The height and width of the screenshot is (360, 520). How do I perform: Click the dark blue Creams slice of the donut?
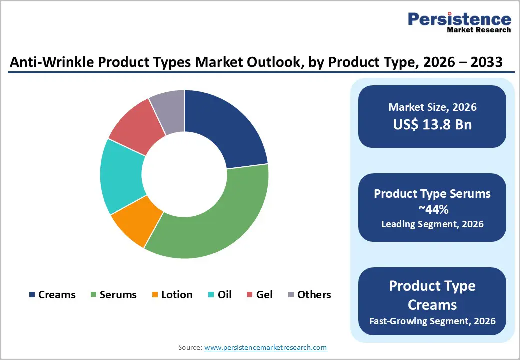tap(225, 127)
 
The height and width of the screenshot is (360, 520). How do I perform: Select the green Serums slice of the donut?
tap(215, 220)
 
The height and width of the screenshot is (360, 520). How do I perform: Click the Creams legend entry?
tap(52, 295)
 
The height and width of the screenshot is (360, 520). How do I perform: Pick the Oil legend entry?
tap(220, 295)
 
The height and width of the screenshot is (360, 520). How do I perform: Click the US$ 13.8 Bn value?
tap(432, 124)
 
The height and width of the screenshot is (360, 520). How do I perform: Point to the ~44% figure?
tap(432, 209)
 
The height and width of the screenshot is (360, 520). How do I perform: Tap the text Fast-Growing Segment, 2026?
tap(432, 320)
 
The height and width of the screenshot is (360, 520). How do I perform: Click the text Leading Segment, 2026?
tap(432, 224)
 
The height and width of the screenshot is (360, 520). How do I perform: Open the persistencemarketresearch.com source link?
tap(265, 347)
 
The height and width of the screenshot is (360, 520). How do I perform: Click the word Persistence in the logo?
tap(459, 19)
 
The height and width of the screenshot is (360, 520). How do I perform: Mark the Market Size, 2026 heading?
tap(432, 107)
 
